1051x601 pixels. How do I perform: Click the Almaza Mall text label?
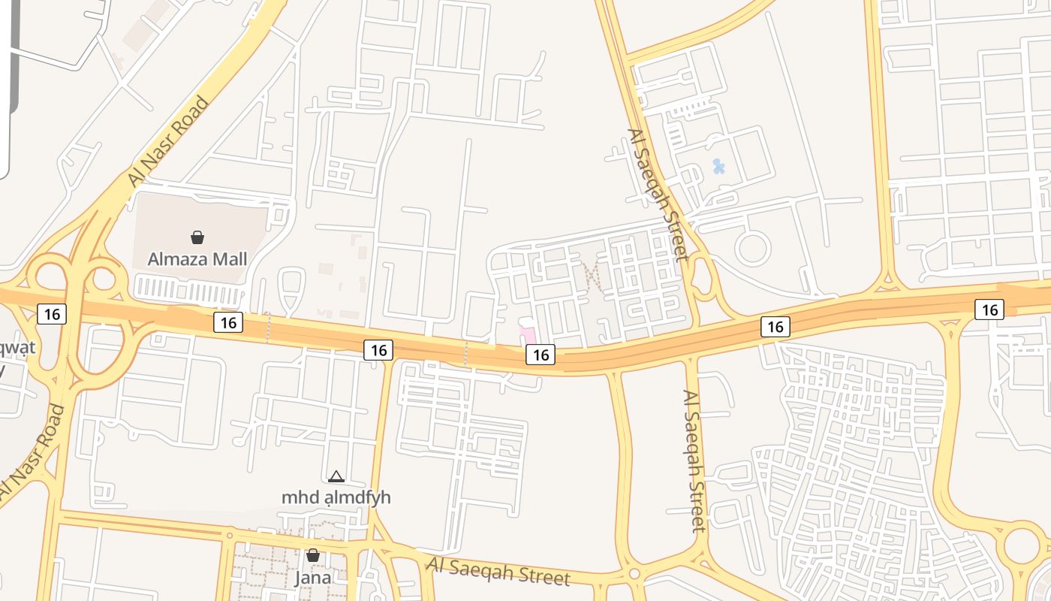pos(197,259)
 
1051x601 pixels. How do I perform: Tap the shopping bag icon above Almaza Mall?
pos(197,238)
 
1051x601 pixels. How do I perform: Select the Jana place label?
pos(312,578)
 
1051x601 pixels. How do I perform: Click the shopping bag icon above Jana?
pos(312,556)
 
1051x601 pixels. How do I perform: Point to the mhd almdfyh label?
pos(336,497)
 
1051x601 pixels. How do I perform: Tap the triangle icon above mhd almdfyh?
pos(336,476)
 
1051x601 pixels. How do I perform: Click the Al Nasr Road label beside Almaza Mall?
pos(168,141)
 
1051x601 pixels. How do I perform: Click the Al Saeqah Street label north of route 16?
pos(658,195)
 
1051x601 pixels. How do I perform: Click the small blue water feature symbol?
pos(718,166)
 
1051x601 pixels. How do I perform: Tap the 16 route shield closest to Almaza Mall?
pos(228,322)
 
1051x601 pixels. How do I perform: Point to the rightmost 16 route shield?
pos(989,309)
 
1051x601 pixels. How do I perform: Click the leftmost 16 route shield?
pos(52,313)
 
